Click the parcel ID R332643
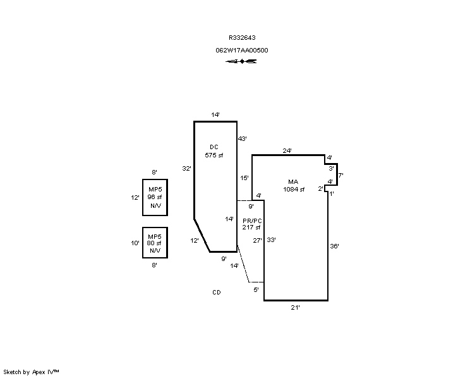242,38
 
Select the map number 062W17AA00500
242,51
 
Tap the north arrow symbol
241,61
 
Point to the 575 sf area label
214,155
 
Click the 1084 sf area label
294,190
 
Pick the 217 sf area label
251,227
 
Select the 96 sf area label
155,197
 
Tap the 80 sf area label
154,243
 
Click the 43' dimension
242,138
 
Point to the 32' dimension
186,169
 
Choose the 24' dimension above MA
287,150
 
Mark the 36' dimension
335,246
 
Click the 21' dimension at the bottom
295,307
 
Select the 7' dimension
340,175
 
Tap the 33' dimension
271,240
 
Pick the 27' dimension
258,241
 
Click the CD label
217,293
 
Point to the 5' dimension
256,290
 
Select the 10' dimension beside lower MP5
135,243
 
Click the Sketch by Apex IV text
31,372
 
